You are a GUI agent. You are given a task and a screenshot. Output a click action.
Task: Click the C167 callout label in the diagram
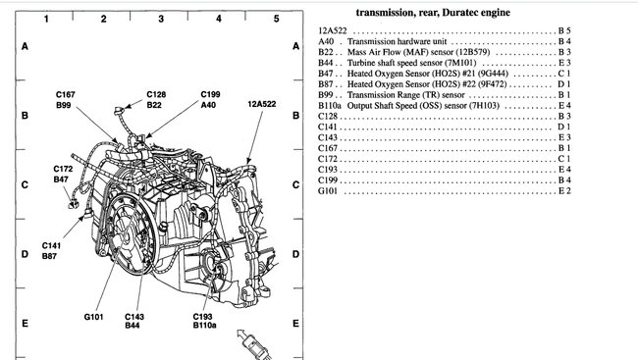point(66,94)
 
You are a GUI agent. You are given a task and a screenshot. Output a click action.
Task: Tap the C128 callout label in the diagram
point(156,94)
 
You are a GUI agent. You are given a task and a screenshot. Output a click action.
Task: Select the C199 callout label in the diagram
point(210,94)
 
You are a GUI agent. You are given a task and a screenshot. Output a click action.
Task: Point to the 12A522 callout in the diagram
point(262,102)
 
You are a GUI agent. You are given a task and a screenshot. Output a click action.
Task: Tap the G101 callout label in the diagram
point(94,317)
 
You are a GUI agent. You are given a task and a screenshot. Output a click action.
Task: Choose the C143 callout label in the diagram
point(134,317)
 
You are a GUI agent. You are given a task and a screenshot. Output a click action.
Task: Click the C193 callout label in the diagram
point(203,317)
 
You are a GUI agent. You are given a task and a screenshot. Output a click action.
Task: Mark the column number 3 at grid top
point(160,19)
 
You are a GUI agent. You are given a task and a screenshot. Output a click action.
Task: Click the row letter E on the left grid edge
point(23,321)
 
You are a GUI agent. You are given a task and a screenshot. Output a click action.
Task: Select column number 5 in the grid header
point(277,19)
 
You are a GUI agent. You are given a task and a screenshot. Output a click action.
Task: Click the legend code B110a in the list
point(331,105)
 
